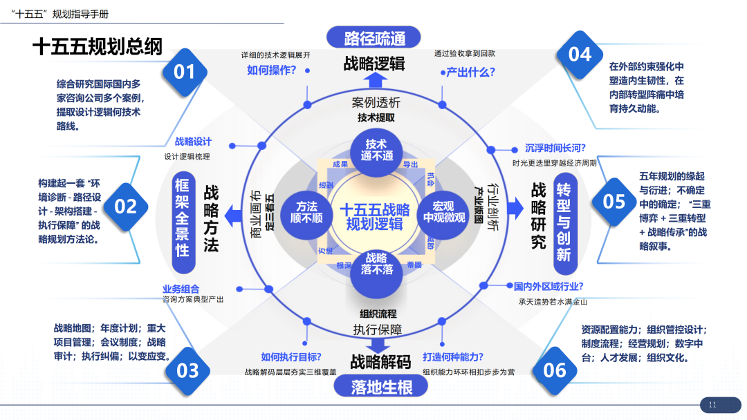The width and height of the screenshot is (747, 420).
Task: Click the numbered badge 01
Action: point(185,72)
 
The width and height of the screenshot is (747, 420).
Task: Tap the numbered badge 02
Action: point(126,206)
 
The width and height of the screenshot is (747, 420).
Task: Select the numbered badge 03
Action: point(187,371)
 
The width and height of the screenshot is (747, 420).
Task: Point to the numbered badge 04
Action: point(580,54)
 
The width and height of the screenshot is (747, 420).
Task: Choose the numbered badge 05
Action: point(614,201)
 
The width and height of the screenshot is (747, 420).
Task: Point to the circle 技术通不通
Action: point(376,150)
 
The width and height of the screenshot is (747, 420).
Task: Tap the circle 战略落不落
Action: point(376,263)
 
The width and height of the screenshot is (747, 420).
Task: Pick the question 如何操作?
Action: point(272,70)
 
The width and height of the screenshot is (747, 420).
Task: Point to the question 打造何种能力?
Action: point(453,357)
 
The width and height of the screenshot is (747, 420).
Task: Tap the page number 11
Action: point(712,404)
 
